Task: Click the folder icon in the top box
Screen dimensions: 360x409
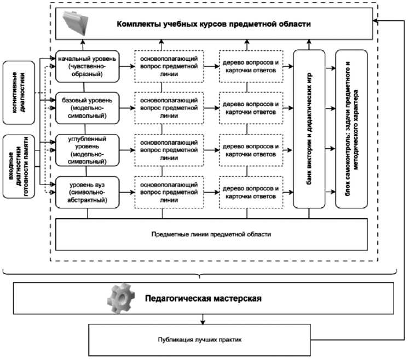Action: point(76,22)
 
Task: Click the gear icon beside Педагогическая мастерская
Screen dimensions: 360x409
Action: point(120,298)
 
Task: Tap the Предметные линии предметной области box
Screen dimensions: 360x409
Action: point(211,234)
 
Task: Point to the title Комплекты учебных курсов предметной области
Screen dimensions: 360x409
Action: point(213,24)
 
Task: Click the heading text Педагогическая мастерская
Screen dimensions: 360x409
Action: point(203,299)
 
